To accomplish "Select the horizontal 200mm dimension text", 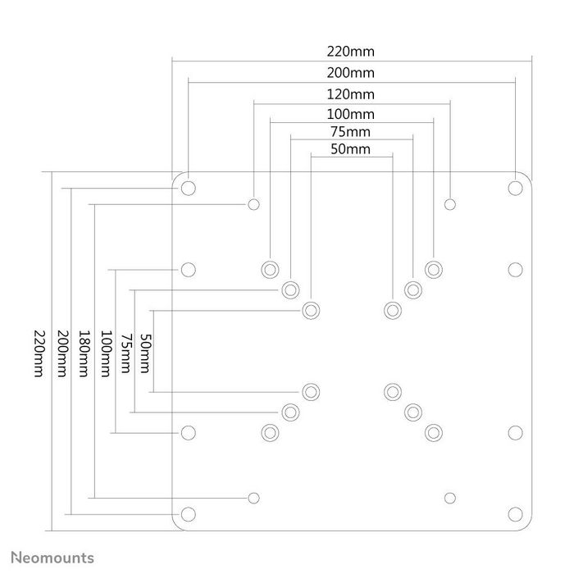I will [351, 72].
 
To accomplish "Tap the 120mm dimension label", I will [351, 93].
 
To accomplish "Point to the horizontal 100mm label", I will [351, 114].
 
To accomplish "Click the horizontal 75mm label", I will [351, 132].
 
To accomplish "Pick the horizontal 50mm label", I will [351, 149].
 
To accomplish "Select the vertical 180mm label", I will [83, 353].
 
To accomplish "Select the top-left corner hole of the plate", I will [188, 187].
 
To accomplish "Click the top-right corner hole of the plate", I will [515, 187].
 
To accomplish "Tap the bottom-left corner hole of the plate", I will [188, 514].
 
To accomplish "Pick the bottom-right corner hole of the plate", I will [515, 514].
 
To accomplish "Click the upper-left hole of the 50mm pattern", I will [311, 310].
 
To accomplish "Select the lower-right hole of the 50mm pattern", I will [392, 391].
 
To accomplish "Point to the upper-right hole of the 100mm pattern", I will [433, 269].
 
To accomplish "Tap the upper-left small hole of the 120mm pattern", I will [254, 203].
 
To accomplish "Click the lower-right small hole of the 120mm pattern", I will [449, 497].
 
